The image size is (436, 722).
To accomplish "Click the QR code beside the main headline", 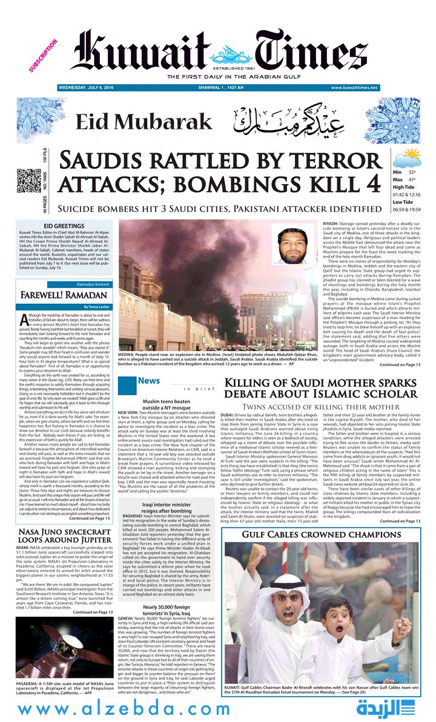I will tap(27, 181).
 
